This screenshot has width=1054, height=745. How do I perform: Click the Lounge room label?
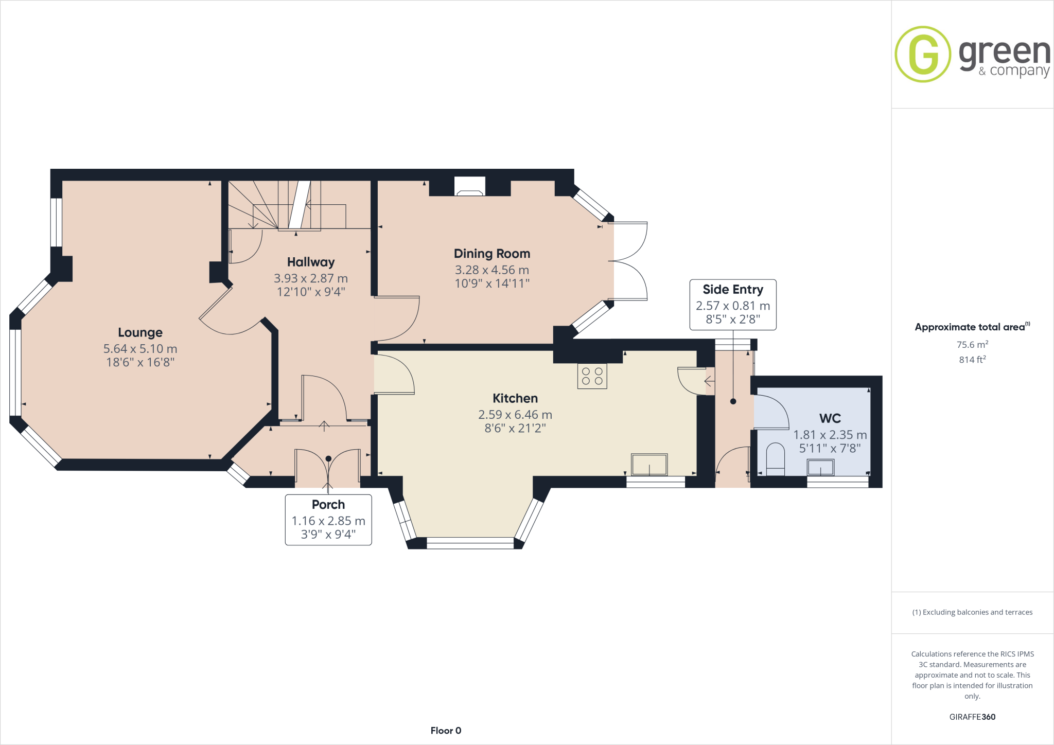click(140, 332)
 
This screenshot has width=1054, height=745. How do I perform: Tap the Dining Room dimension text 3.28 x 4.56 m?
click(491, 270)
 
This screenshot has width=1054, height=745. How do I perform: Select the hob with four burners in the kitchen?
click(592, 376)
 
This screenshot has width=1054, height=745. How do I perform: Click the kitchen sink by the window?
click(649, 465)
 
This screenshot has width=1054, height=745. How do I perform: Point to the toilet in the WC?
click(775, 459)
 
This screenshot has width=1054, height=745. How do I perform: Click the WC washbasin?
click(820, 468)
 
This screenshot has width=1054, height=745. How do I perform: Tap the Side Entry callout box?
click(732, 305)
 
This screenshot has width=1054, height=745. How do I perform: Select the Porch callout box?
click(328, 520)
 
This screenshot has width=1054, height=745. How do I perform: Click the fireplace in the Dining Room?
click(470, 187)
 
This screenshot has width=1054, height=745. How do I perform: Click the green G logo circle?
click(923, 54)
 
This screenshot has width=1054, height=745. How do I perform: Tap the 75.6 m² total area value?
click(972, 345)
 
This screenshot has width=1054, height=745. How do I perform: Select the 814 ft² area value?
click(972, 360)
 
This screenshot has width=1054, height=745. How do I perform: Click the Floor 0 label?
click(446, 731)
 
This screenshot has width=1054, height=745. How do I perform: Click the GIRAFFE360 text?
click(972, 717)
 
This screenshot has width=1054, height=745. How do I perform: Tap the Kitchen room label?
click(515, 398)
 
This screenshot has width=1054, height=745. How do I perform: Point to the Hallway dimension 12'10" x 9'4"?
click(311, 292)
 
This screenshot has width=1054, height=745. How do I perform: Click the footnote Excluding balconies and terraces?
click(972, 612)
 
